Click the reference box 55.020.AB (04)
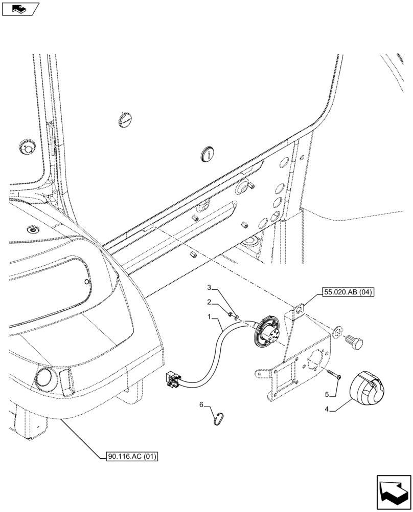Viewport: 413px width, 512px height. point(348,293)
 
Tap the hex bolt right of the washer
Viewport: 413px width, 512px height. point(354,340)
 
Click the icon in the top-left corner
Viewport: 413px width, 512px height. point(20,8)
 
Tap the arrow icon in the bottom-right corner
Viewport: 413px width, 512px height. point(393,493)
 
